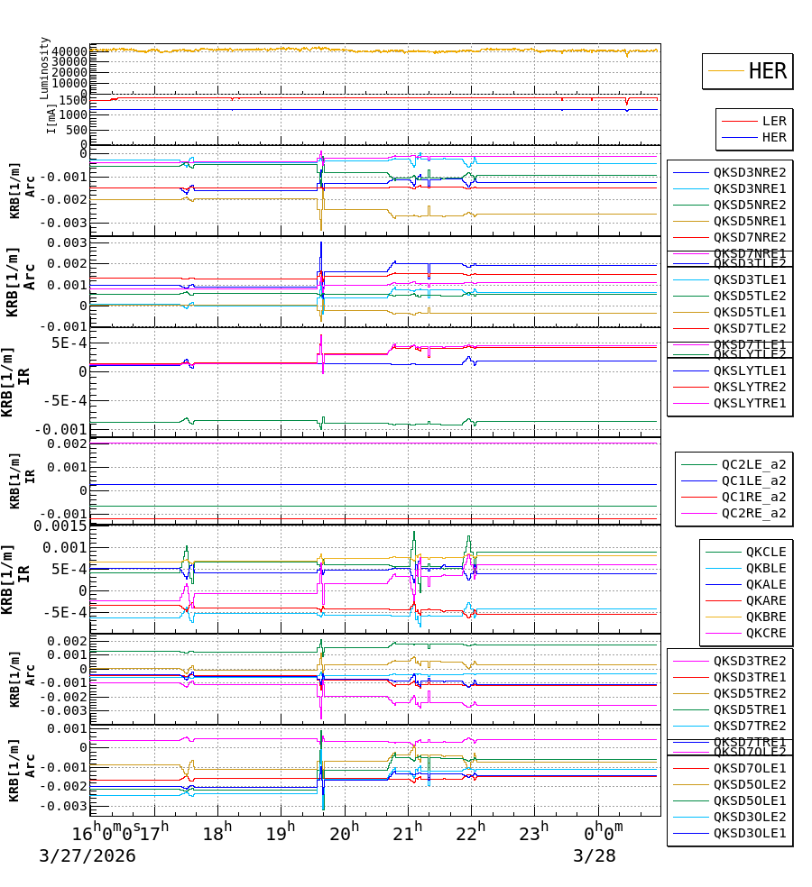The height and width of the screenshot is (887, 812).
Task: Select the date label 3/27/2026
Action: [x=87, y=855]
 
